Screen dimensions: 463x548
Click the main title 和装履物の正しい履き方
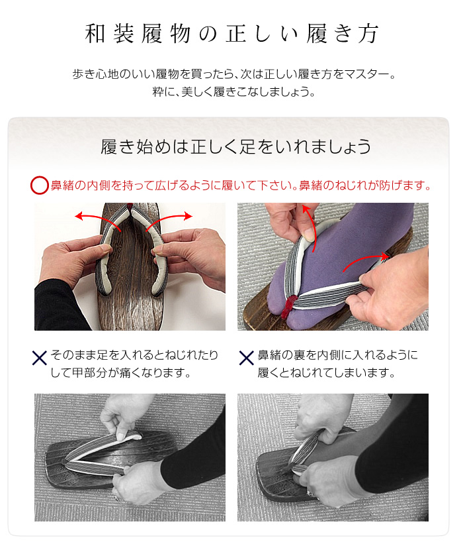tap(232, 34)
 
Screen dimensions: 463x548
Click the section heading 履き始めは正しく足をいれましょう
tap(236, 146)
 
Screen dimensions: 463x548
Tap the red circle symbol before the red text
tap(39, 185)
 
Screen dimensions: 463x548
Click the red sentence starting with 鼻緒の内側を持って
tap(241, 186)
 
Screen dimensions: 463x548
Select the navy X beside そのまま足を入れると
tap(40, 358)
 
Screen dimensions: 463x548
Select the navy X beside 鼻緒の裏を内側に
tap(246, 358)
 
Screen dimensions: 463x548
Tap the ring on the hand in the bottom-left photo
tap(116, 495)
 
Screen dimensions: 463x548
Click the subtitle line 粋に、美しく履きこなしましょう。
tap(233, 91)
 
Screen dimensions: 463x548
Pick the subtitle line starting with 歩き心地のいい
tap(233, 74)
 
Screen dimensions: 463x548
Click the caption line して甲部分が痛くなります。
tap(121, 372)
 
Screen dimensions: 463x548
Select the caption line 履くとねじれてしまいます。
tap(327, 372)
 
